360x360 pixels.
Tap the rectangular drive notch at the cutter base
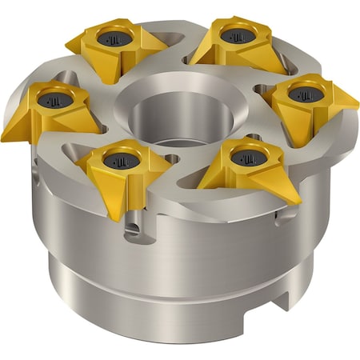(x=277, y=302)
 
